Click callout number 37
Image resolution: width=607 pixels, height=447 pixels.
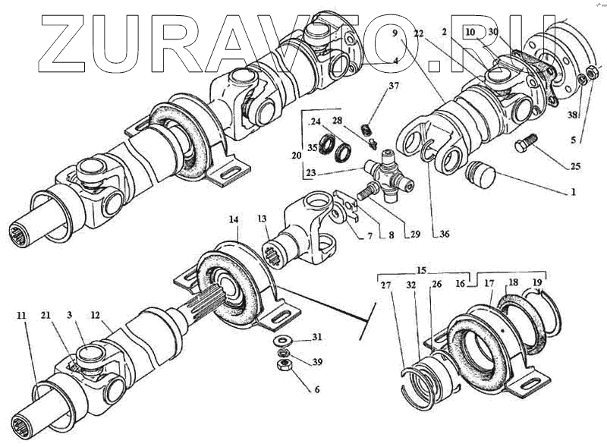[393, 86]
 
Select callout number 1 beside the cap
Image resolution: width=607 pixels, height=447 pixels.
[574, 192]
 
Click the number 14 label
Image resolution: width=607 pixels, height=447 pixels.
[234, 219]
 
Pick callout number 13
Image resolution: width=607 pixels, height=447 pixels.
[262, 219]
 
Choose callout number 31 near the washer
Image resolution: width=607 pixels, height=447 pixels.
[317, 337]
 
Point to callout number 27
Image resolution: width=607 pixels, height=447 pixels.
[385, 286]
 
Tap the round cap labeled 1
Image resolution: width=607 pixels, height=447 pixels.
[480, 176]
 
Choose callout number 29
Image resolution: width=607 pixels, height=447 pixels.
[414, 235]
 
